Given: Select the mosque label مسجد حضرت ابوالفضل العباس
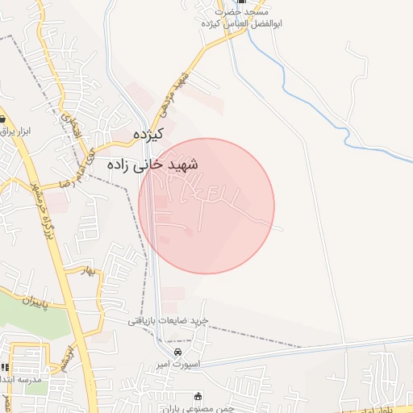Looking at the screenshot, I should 232,18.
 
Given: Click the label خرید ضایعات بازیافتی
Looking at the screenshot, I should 168,320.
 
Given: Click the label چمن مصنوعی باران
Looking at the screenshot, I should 197,408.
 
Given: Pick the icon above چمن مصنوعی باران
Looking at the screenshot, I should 198,396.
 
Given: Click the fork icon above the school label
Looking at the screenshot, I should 5,367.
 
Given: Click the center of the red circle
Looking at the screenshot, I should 206,206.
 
